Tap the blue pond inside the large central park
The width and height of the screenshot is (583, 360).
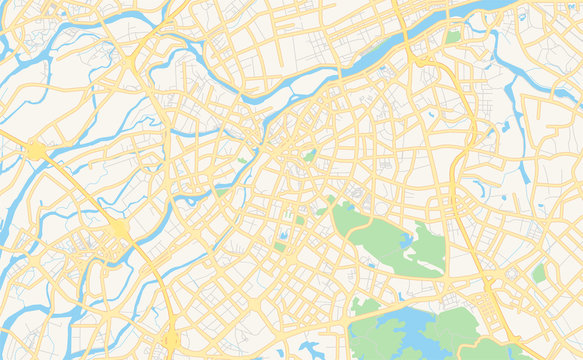tap(407, 242)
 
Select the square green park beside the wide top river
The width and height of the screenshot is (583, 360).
tap(454, 37)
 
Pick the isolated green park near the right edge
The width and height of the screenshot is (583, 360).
tap(540, 272)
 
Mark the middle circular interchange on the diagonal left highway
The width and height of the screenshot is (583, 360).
tap(120, 230)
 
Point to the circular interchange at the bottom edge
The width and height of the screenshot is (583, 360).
tap(172, 341)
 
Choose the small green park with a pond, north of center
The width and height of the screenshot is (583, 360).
tap(310, 156)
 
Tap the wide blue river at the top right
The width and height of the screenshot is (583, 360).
tap(480, 10)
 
